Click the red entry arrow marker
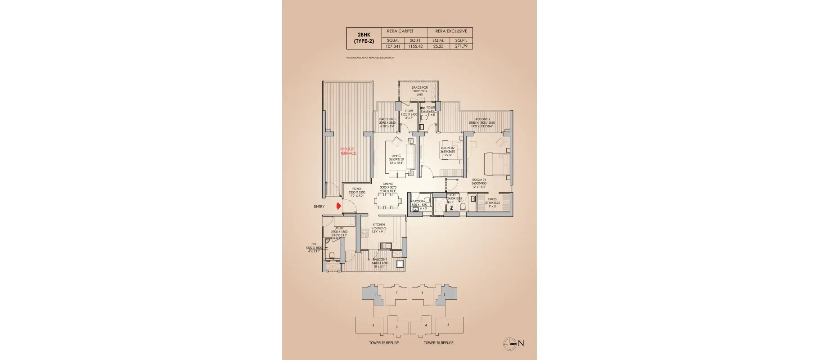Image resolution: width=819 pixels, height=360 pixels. click(x=338, y=206)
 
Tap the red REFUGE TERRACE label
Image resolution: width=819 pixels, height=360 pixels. click(x=347, y=151)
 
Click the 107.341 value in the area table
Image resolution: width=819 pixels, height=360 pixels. click(x=390, y=46)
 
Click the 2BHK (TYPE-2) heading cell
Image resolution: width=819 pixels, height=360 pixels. click(x=363, y=38)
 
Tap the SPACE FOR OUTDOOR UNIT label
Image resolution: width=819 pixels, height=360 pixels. click(x=419, y=91)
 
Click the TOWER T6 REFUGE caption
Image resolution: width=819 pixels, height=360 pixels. click(x=384, y=343)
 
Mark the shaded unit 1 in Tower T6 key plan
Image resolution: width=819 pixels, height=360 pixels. click(x=374, y=296)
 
